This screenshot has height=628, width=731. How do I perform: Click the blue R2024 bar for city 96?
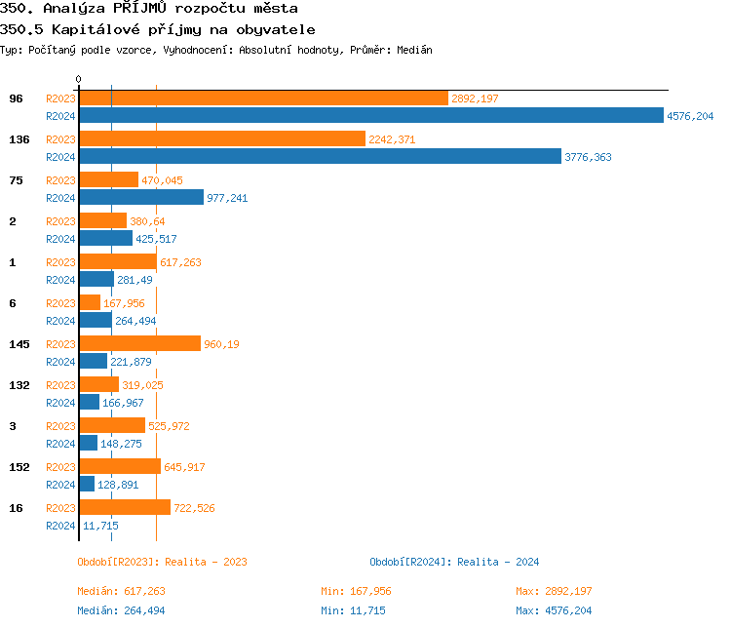point(370,115)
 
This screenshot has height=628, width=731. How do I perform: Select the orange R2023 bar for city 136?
point(221,139)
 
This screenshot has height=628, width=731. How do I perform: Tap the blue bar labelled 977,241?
point(141,197)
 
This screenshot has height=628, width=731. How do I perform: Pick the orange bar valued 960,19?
point(139,344)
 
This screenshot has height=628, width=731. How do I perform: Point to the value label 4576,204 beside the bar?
point(690,116)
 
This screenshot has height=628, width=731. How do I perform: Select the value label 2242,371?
point(392,139)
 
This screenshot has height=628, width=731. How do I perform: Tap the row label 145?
point(19,344)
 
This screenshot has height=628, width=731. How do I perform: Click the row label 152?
point(19,467)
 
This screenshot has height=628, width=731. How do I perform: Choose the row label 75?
point(16,180)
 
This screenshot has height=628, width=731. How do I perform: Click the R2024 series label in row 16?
point(60,526)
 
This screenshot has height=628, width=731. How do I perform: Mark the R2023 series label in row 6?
point(60,303)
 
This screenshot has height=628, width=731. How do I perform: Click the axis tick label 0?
point(79,80)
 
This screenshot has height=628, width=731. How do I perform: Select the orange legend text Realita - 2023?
point(206,562)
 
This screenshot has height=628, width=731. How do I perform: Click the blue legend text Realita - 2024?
point(498,562)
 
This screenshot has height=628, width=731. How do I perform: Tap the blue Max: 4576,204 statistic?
point(554,610)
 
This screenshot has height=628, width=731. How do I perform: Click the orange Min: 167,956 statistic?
point(356,591)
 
